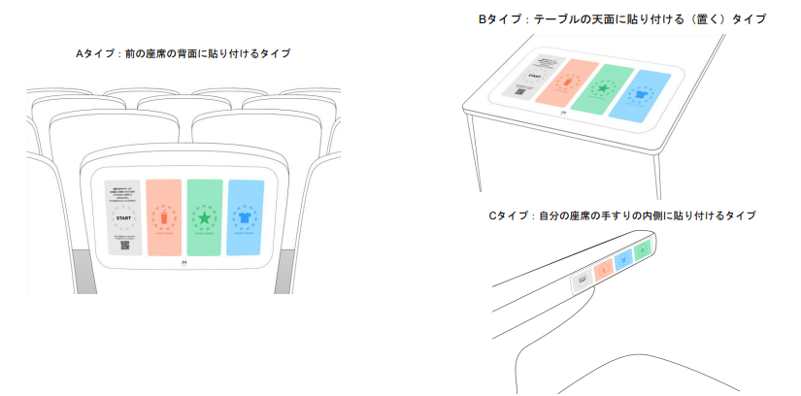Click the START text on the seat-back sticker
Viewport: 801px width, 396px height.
point(123,219)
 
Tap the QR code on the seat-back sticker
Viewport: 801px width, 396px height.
point(123,245)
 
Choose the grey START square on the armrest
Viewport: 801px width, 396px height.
point(582,280)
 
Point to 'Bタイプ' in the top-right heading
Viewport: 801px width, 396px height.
point(497,18)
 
